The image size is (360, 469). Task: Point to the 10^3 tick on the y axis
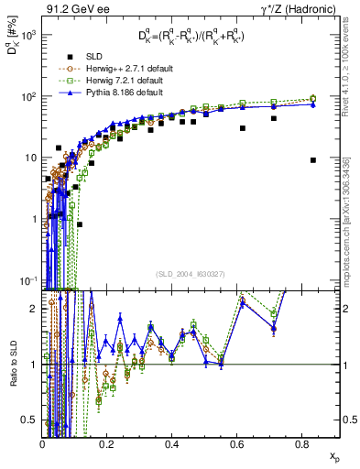[28, 35]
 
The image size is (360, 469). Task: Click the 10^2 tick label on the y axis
[28, 96]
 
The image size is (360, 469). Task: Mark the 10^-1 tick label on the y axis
[28, 280]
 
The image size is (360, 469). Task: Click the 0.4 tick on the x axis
[171, 444]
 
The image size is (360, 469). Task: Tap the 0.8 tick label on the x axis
[300, 444]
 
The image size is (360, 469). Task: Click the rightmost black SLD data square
[313, 160]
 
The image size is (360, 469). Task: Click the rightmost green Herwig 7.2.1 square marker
[313, 98]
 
